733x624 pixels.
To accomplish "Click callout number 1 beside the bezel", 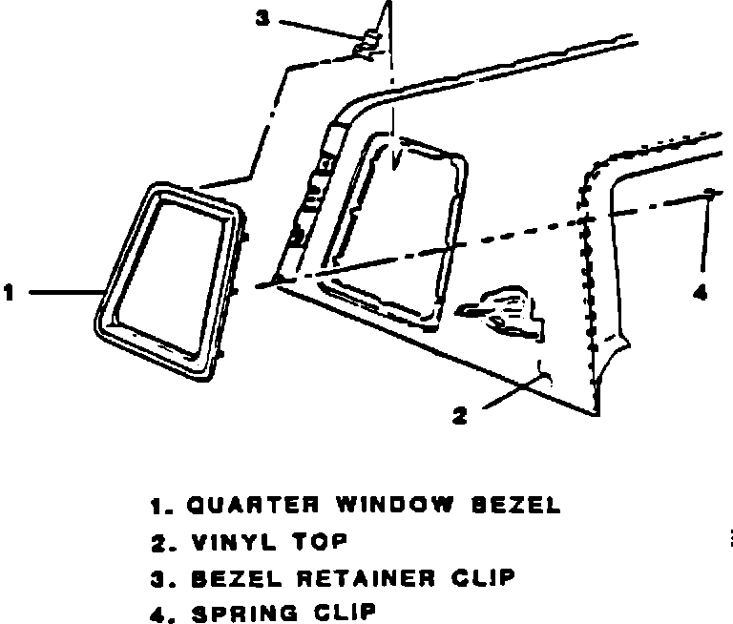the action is (9, 293).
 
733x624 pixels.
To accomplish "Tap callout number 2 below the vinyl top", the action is (460, 416).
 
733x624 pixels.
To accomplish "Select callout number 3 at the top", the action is (261, 18).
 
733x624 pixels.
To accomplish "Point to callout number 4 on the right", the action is (702, 293).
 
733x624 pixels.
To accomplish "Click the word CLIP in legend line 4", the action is (336, 612).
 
